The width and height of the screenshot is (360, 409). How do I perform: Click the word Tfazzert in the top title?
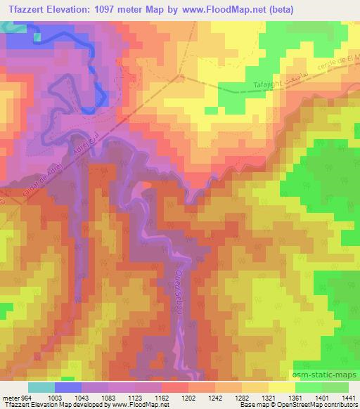coord(29,9)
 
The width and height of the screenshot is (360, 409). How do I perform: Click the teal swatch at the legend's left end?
coord(41,387)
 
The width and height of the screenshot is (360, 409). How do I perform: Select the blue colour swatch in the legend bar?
coord(68,387)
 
